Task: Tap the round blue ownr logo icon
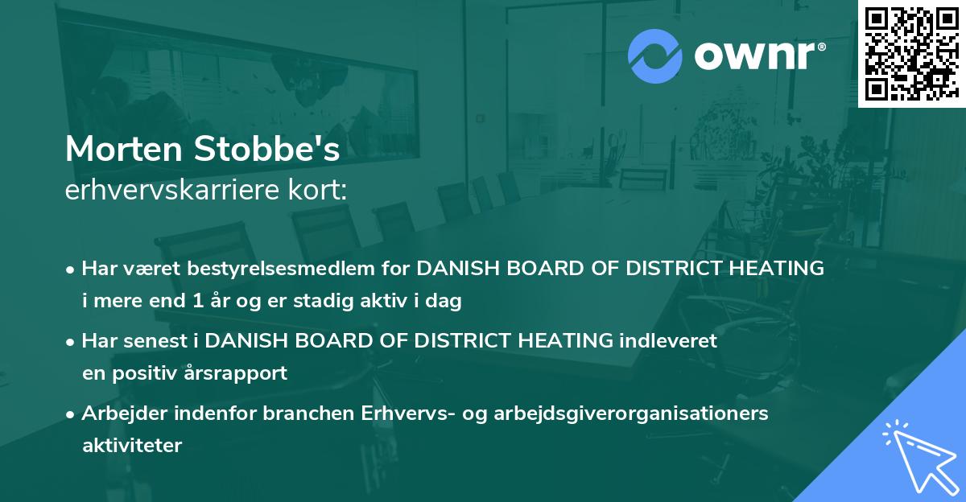pyautogui.click(x=654, y=56)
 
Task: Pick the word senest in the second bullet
pyautogui.click(x=160, y=340)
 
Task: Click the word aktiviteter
pyautogui.click(x=132, y=445)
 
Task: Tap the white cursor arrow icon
pyautogui.click(x=914, y=455)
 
